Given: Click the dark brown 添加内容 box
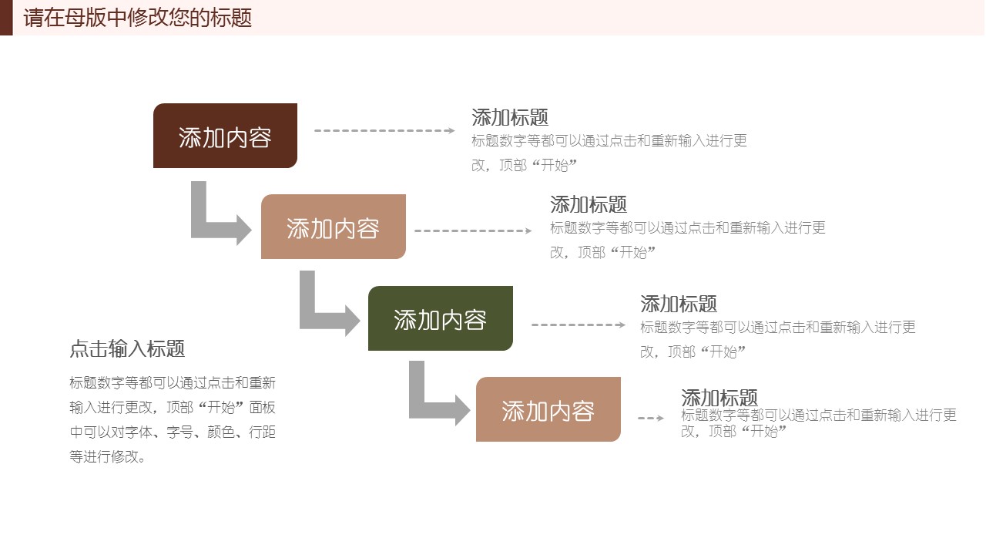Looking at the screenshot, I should point(225,136).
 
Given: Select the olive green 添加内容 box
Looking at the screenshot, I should point(440,318).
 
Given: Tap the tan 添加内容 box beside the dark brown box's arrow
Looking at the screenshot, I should point(333,227).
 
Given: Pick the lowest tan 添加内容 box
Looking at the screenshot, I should point(548,409).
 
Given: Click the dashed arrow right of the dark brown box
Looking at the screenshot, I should point(384,130).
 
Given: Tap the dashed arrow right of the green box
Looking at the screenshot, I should point(579,325).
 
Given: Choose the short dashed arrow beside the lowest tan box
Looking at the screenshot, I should point(651,418).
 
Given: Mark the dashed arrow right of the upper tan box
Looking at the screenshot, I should point(473,230).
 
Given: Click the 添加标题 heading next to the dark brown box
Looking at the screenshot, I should point(510,117).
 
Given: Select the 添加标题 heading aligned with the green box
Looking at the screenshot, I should point(679,304).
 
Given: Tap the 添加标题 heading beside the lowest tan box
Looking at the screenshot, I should point(719,398).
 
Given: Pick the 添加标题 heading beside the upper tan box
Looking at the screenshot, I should point(589,204).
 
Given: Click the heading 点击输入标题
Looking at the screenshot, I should point(127,349).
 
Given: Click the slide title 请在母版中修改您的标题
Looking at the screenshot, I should point(138,18).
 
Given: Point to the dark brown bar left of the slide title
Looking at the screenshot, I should point(6,18).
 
